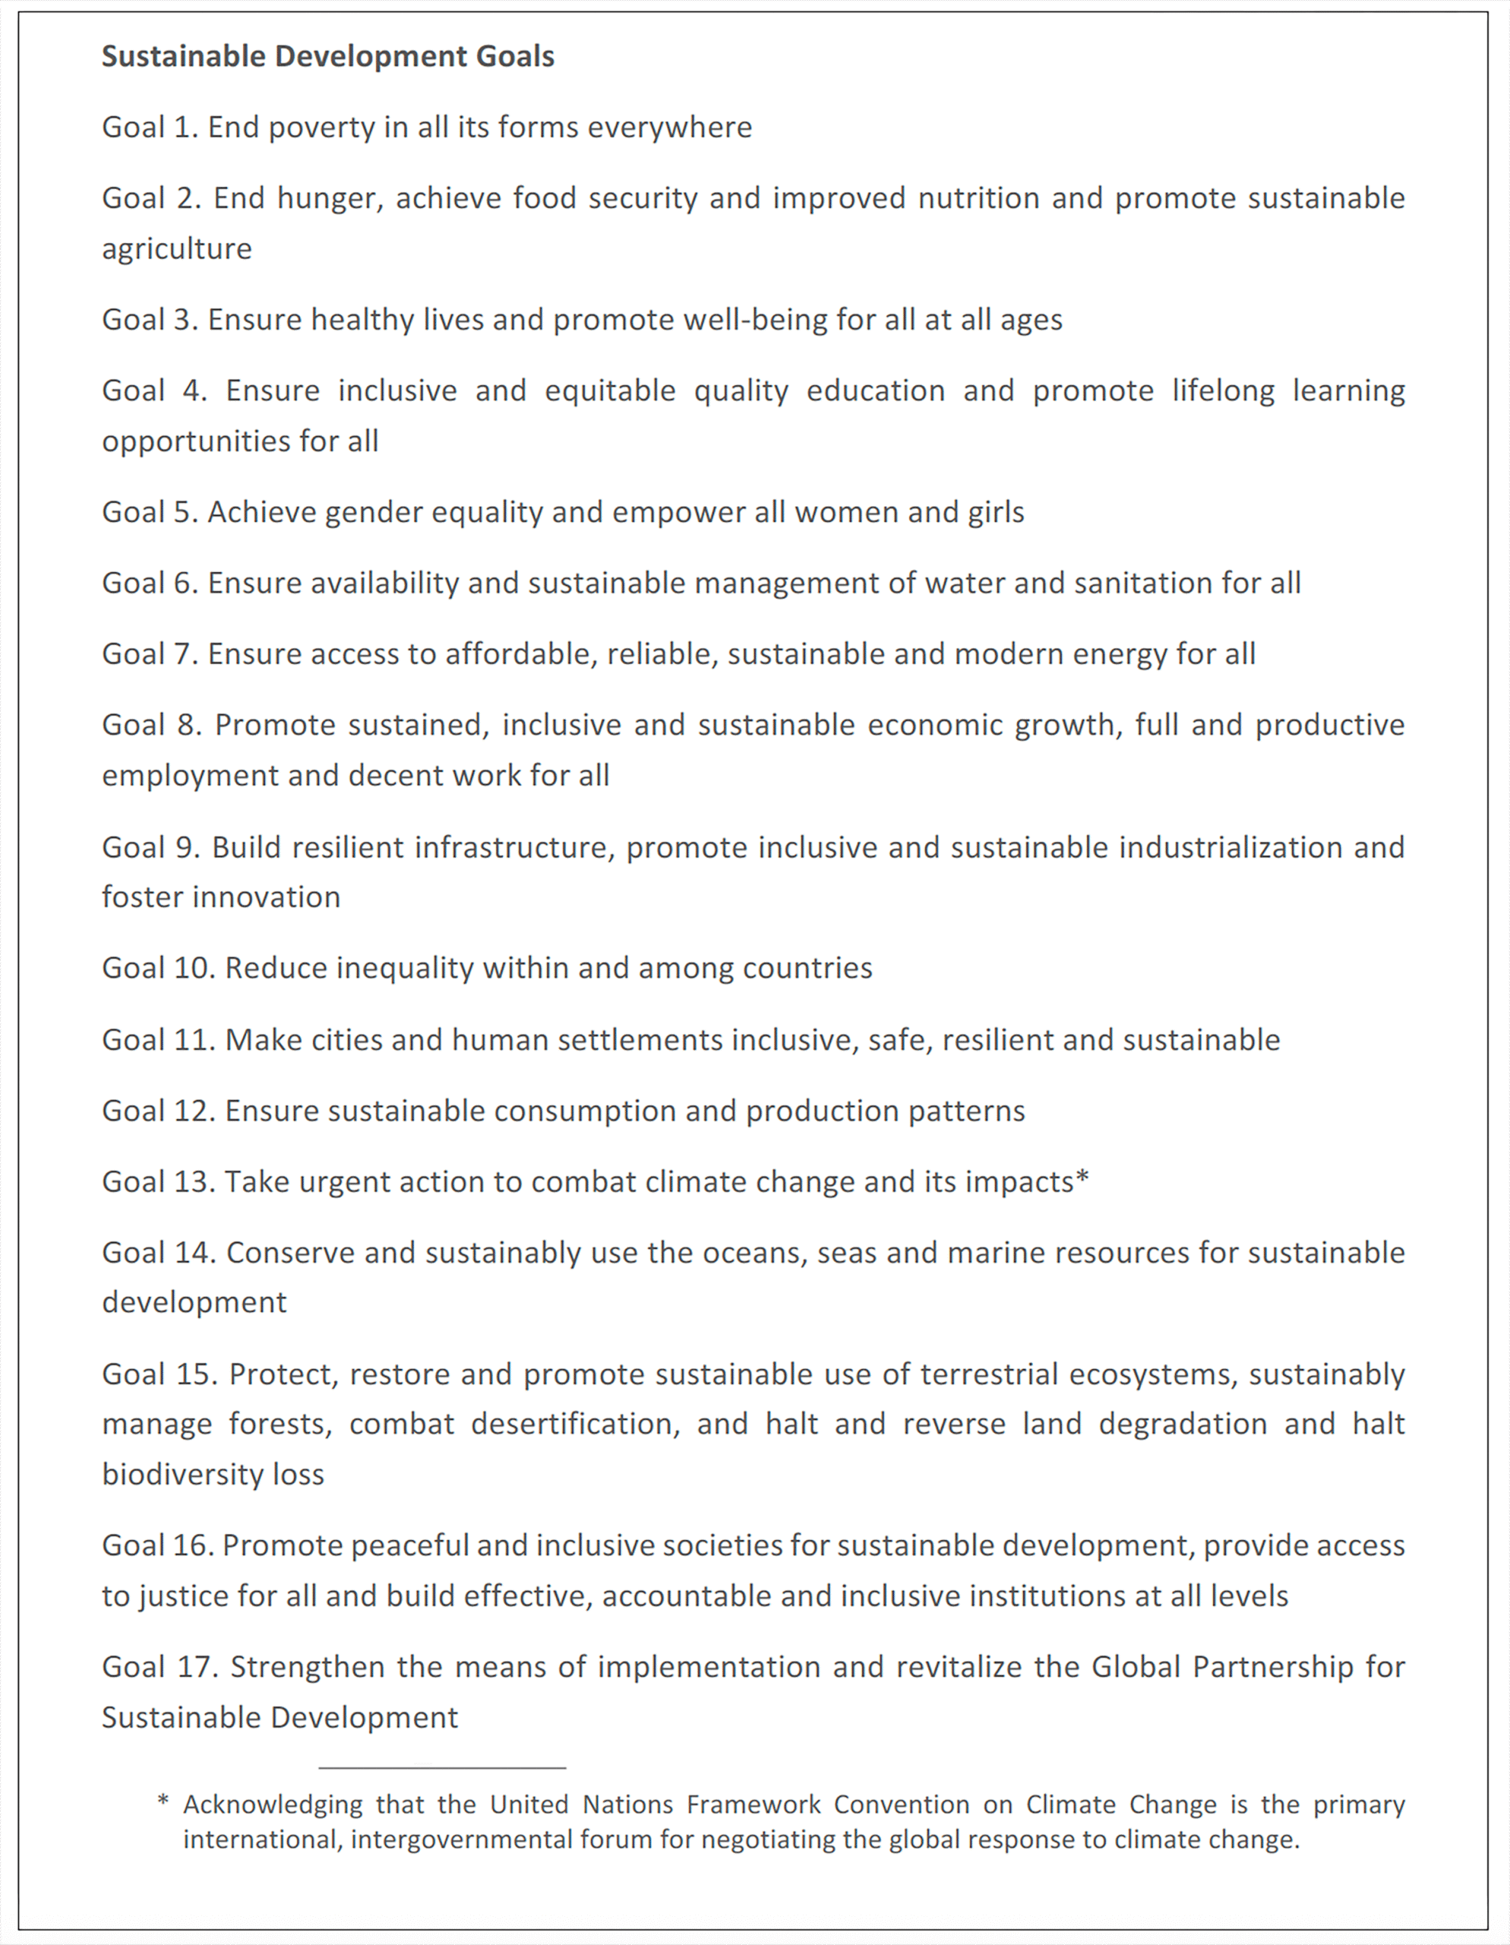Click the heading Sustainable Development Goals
click(327, 56)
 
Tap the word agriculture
click(176, 248)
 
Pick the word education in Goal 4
click(875, 391)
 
